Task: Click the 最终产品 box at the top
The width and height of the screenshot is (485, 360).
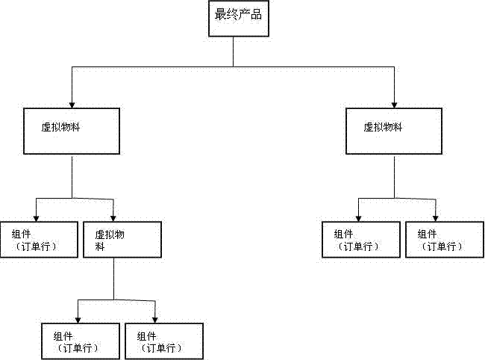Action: point(237,19)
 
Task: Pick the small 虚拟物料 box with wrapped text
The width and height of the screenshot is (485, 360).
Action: point(122,240)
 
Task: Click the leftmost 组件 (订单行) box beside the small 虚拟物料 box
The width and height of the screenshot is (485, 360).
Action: point(39,240)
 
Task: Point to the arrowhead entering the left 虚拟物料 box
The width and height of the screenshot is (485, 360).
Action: point(72,103)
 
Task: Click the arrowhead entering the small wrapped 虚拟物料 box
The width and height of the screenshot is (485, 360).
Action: point(113,217)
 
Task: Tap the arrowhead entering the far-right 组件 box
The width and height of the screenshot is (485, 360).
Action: point(436,217)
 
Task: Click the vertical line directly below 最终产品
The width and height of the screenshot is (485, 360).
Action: point(234,52)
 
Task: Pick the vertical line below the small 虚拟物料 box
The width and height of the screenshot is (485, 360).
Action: point(113,279)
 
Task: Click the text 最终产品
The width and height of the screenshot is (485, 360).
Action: point(238,14)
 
